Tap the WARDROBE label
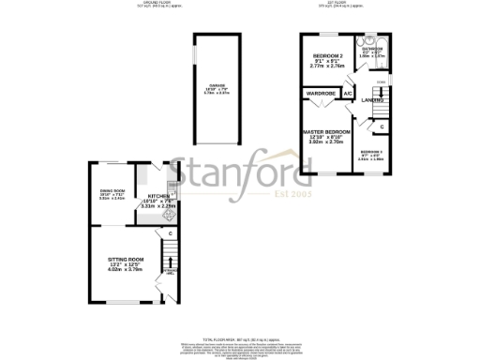[x=321, y=94]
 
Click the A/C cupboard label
[x=348, y=94]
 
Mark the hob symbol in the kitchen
[x=169, y=215]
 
